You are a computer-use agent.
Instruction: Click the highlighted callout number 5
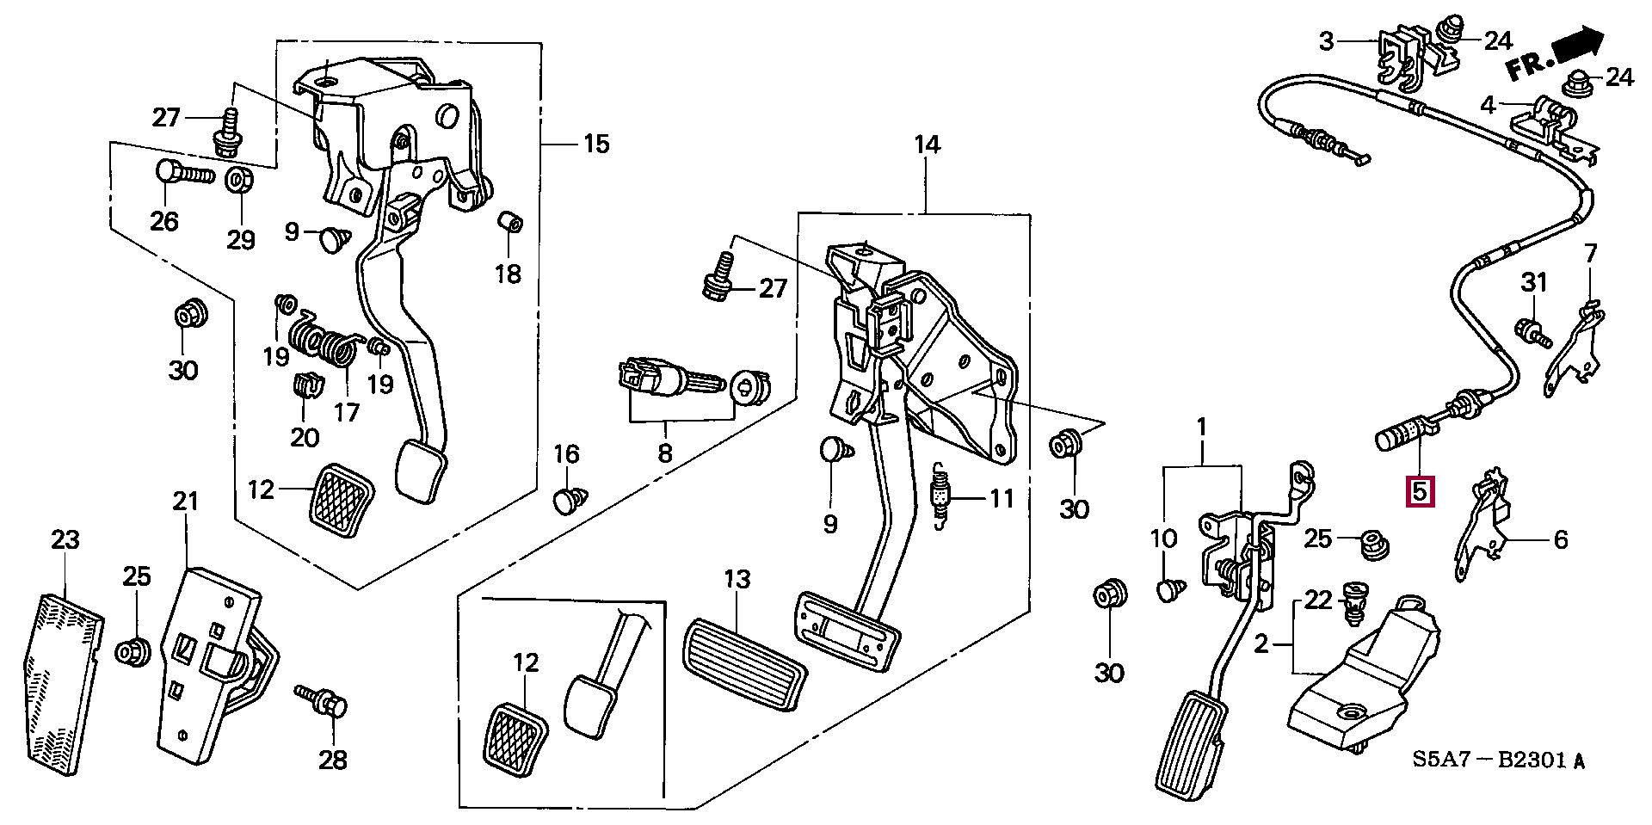(1418, 491)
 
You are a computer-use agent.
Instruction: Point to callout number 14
(928, 144)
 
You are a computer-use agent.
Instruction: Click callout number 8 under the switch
(664, 453)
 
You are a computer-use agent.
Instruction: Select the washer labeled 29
(238, 182)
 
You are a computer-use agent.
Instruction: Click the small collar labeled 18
(511, 220)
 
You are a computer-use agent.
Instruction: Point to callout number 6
(1561, 539)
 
